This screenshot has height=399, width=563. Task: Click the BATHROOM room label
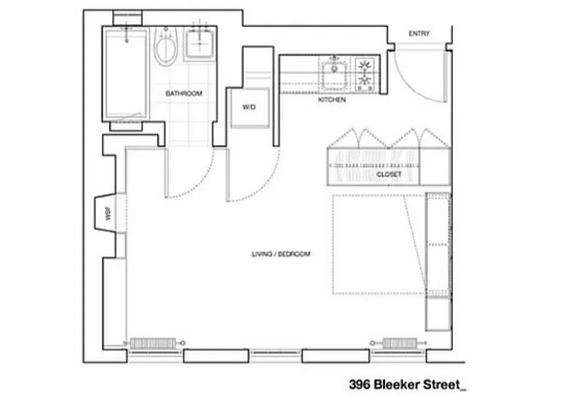coord(184,93)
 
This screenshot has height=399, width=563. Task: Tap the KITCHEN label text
coord(332,100)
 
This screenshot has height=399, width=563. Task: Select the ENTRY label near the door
coord(419,34)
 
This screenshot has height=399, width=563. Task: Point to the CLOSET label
coord(389,175)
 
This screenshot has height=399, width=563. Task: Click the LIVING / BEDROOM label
coord(281,254)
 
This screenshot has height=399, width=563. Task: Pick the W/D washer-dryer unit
coord(250,108)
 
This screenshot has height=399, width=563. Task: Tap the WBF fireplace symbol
coord(107,213)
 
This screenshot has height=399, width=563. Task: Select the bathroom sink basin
coord(200,43)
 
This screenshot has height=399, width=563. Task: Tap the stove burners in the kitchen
coord(365,74)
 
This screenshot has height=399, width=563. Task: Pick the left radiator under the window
coord(153,343)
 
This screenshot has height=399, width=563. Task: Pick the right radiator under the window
coord(399,343)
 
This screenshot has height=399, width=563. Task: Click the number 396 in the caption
coord(359,385)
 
